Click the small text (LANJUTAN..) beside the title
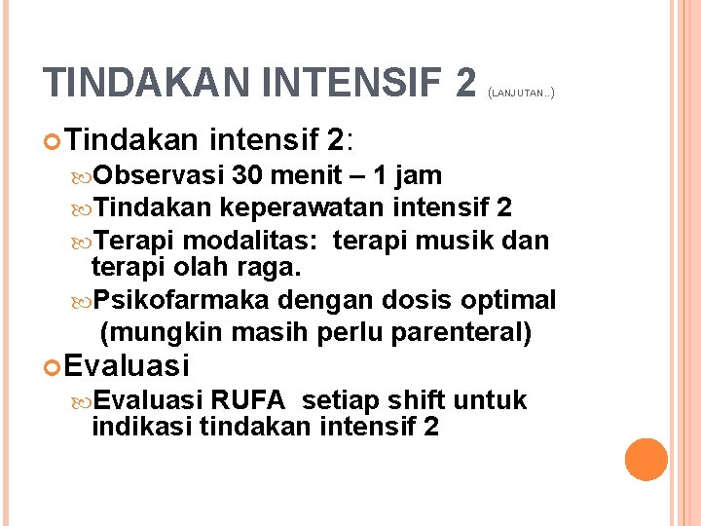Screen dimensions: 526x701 click(x=521, y=94)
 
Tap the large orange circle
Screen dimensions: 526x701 click(x=646, y=460)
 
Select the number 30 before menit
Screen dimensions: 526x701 click(x=248, y=176)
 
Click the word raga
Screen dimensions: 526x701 click(x=275, y=267)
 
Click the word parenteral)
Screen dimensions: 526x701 click(x=461, y=332)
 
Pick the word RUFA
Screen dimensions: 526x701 click(x=246, y=400)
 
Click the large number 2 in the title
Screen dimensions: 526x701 click(x=464, y=83)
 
